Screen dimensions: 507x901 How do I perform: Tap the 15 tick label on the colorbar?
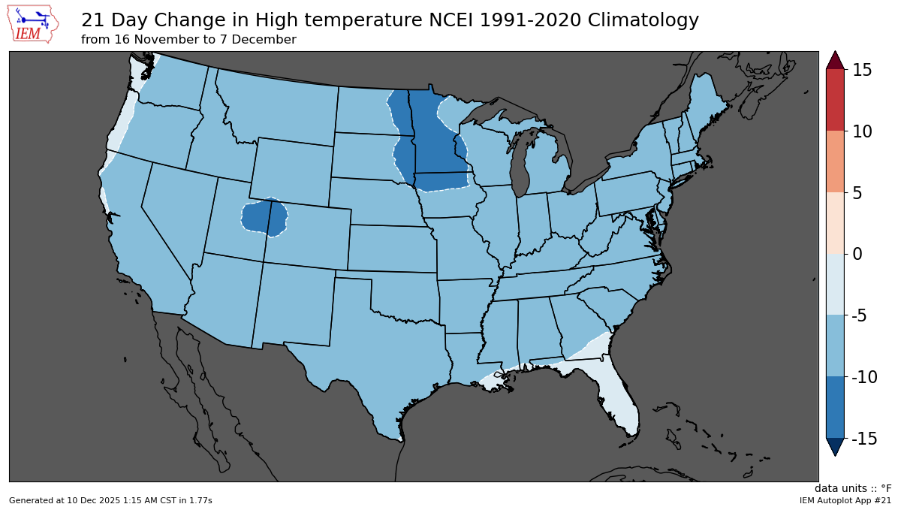pyautogui.click(x=861, y=70)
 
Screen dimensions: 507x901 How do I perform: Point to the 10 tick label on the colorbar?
pyautogui.click(x=861, y=131)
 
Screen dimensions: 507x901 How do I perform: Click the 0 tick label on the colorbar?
pyautogui.click(x=857, y=254)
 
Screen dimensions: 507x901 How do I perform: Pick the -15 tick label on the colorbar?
pyautogui.click(x=863, y=438)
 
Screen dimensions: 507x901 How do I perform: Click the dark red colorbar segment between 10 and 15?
pyautogui.click(x=835, y=100)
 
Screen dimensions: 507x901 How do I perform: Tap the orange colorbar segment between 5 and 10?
pyautogui.click(x=835, y=161)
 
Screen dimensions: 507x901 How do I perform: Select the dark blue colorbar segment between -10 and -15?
pyautogui.click(x=835, y=407)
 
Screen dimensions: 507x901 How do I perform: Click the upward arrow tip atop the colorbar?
pyautogui.click(x=835, y=59)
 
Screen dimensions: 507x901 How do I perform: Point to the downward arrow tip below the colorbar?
pyautogui.click(x=835, y=448)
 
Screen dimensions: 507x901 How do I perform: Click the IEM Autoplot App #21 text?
pyautogui.click(x=845, y=500)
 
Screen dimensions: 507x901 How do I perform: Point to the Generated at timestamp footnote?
pyautogui.click(x=110, y=500)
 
